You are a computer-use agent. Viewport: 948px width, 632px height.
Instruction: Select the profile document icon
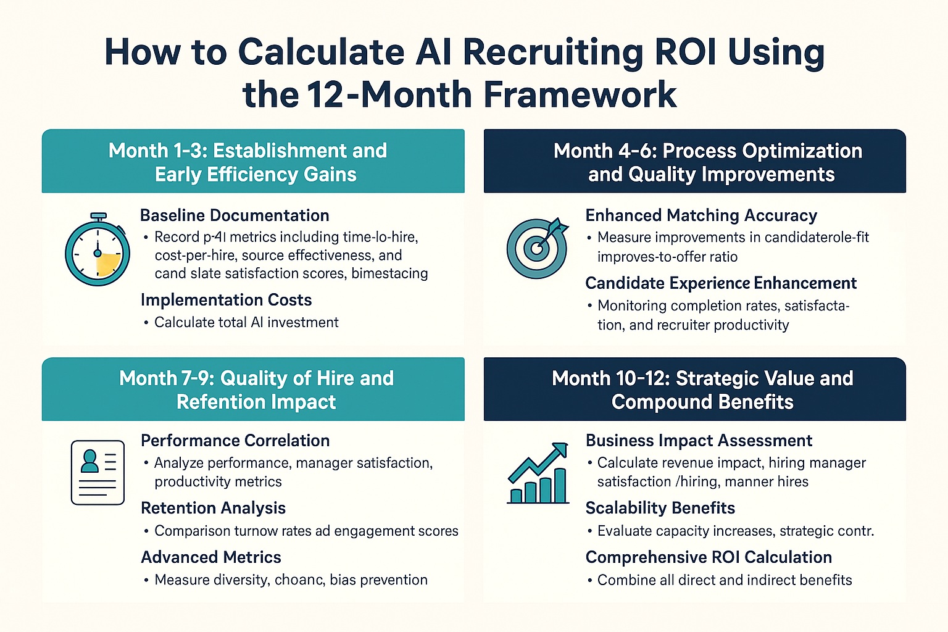[x=98, y=473]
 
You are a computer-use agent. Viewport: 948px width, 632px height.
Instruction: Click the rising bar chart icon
[x=538, y=473]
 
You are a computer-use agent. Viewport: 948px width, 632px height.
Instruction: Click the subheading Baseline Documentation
[x=235, y=215]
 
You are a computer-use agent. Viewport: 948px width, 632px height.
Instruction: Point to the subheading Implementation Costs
[x=226, y=300]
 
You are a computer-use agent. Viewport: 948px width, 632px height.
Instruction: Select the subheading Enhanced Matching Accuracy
[x=701, y=215]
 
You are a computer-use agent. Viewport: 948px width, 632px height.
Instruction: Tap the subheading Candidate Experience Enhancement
[x=721, y=283]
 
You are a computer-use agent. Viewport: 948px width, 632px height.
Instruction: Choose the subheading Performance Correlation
[x=235, y=441]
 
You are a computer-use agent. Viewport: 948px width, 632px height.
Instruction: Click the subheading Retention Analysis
[x=213, y=508]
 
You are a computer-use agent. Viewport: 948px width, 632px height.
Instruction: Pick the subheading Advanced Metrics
[x=211, y=557]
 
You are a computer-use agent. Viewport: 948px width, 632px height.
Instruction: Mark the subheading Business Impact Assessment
[x=699, y=441]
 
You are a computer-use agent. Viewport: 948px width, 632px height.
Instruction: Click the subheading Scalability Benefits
[x=660, y=508]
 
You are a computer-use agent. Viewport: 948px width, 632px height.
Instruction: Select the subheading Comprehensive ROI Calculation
[x=709, y=557]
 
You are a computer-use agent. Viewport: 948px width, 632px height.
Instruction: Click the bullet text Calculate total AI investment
[x=246, y=322]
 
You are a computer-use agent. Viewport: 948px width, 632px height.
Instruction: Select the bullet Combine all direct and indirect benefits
[x=725, y=580]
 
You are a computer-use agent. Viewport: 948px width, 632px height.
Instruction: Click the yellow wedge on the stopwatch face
[x=107, y=264]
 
